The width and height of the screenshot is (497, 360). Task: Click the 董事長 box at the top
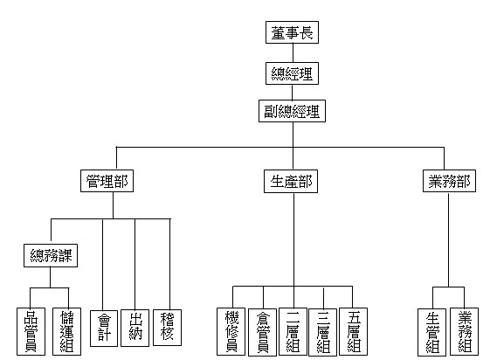[x=292, y=32]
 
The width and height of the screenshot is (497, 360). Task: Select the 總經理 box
[x=292, y=73]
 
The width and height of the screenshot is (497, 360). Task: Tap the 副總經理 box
[x=292, y=111]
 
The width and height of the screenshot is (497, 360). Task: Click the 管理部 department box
[x=107, y=181]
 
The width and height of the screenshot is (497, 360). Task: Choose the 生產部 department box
[x=291, y=182]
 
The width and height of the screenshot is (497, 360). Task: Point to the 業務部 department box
[x=449, y=181]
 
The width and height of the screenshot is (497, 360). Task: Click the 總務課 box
[x=51, y=255]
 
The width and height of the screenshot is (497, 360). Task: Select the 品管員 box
[x=31, y=331]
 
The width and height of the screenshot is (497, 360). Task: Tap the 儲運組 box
[x=66, y=331]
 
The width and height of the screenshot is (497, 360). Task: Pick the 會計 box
[x=104, y=329]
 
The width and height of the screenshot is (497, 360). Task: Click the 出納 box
[x=135, y=328]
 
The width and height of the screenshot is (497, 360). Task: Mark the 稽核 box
[x=168, y=328]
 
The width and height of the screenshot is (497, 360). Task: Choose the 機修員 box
[x=231, y=331]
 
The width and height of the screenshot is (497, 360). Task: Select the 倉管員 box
[x=262, y=332]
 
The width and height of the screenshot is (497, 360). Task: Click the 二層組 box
[x=293, y=331]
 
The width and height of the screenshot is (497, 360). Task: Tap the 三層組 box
[x=322, y=332]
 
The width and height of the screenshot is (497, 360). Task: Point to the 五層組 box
[x=354, y=331]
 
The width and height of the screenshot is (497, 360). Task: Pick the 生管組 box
[x=432, y=332]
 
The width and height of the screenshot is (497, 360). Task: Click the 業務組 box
[x=465, y=331]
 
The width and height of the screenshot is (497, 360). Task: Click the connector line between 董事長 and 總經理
[x=293, y=53]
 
